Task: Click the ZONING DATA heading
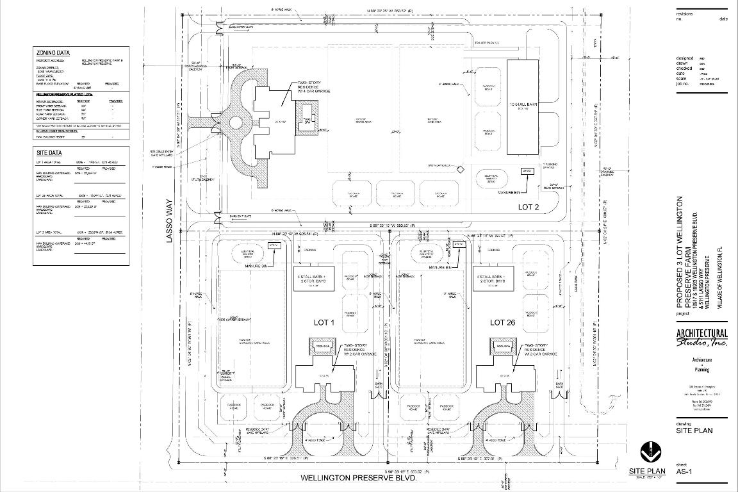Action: point(53,53)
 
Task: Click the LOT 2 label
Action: point(530,207)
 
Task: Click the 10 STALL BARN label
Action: point(527,104)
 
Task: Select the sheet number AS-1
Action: point(685,472)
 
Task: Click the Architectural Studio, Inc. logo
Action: point(702,337)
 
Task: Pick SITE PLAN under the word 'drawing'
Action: point(694,430)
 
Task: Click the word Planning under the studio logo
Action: point(702,370)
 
